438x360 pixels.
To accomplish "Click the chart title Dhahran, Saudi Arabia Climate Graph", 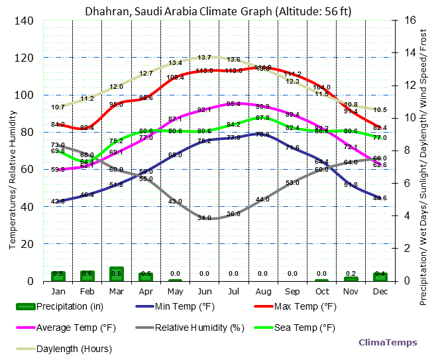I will (218, 11).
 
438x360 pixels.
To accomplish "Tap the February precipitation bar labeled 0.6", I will (87, 275).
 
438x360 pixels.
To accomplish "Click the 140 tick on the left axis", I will (25, 21).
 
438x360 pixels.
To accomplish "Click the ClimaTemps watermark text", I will (388, 343).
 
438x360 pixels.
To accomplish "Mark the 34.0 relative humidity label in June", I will (204, 217).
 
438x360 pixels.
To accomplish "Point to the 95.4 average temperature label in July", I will (233, 104).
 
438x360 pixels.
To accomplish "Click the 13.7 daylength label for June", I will (204, 58).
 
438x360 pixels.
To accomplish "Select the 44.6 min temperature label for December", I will (380, 198).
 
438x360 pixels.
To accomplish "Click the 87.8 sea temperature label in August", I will (262, 117).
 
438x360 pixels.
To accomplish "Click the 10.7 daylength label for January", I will (58, 107).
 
